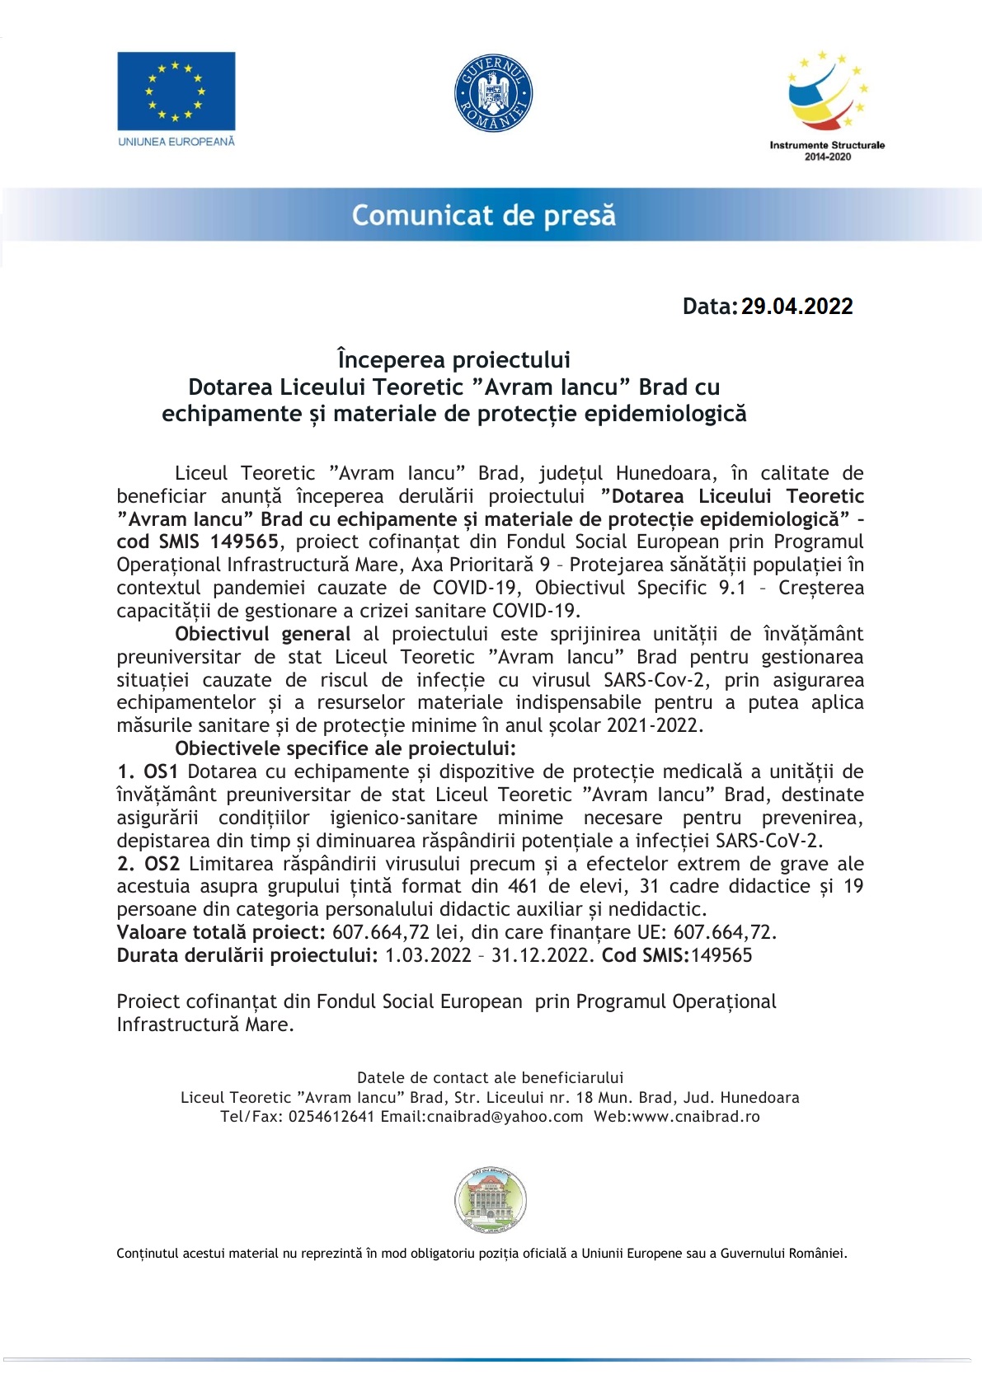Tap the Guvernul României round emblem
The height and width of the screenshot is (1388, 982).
(493, 94)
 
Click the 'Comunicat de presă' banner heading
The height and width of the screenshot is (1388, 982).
(484, 215)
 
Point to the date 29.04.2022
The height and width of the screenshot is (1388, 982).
(796, 307)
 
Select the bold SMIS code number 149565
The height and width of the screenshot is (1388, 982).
(244, 542)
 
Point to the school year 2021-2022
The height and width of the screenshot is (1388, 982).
(654, 725)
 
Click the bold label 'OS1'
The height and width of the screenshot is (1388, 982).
(161, 771)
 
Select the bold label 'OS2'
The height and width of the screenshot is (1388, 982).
(162, 864)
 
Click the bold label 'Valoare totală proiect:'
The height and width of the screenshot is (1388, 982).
(221, 932)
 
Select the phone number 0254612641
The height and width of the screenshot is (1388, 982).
(331, 1117)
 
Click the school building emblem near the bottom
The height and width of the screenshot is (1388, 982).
(491, 1200)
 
